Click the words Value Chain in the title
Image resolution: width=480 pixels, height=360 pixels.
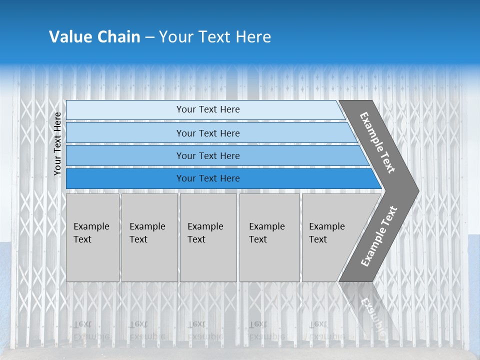(94, 37)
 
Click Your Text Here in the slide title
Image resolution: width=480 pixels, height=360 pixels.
(215, 37)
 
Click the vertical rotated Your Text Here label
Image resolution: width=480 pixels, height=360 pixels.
(57, 143)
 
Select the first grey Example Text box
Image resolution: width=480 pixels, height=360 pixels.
(92, 237)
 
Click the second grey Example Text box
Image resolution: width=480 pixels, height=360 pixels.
(149, 237)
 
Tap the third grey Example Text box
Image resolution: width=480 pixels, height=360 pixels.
(208, 237)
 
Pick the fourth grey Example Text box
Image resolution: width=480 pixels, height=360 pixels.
(269, 237)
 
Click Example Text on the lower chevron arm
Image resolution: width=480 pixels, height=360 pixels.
(379, 236)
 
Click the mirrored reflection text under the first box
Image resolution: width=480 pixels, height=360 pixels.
(91, 330)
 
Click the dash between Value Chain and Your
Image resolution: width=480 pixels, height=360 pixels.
(149, 37)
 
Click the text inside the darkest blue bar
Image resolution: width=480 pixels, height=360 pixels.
(208, 178)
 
